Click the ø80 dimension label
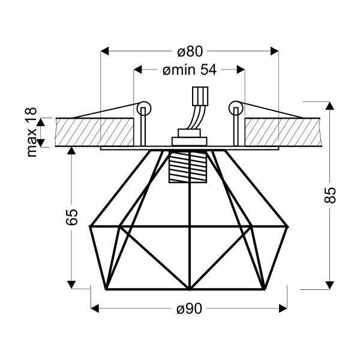point(190,50)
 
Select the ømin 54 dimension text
point(190,70)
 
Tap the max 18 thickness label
point(32,133)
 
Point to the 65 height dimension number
point(71,217)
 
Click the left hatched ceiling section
point(95,131)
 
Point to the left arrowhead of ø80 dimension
point(104,51)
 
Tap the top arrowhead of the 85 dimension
point(329,106)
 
